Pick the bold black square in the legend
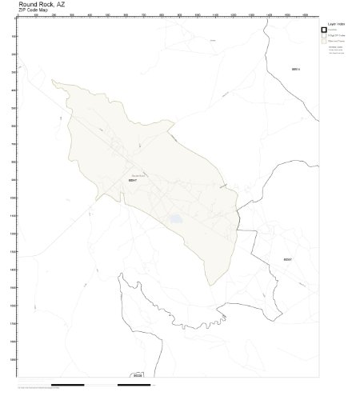[x=324, y=30]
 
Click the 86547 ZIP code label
[x=134, y=182]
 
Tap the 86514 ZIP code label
[x=295, y=70]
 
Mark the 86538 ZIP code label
[x=138, y=374]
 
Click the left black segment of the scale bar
[x=67, y=384]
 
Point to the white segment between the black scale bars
[x=101, y=384]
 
